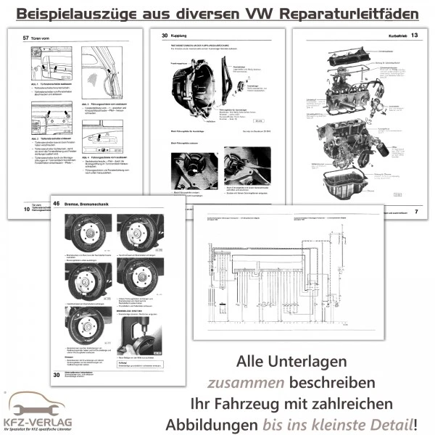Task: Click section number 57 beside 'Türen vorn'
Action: pos(26,37)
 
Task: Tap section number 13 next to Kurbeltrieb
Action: pos(415,35)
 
